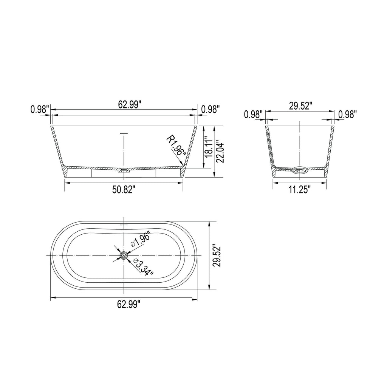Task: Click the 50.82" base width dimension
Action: point(124,190)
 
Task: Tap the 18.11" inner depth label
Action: point(208,147)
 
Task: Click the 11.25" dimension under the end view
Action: point(300,190)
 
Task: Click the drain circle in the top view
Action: point(124,255)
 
